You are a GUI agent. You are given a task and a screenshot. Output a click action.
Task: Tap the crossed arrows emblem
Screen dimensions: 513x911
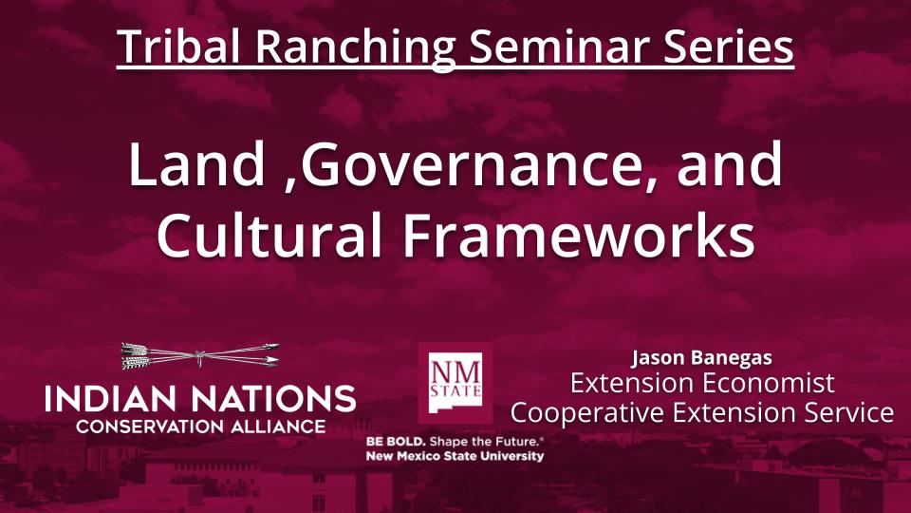[200, 357]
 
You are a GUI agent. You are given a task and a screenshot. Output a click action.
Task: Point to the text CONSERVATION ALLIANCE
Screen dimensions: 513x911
[200, 426]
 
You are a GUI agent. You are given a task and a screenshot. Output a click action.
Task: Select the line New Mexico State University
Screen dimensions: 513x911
[455, 456]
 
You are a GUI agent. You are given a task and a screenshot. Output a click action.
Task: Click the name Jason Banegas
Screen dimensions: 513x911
[701, 358]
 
